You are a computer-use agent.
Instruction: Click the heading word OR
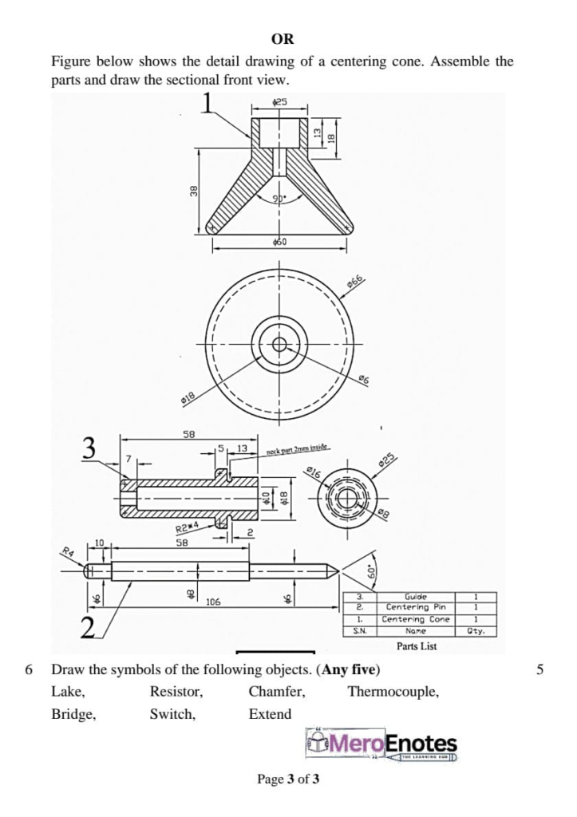[283, 38]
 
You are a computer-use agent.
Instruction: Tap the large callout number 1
[208, 103]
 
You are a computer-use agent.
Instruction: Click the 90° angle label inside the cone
[279, 199]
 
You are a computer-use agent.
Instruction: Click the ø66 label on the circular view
[356, 280]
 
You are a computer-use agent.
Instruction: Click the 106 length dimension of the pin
[214, 602]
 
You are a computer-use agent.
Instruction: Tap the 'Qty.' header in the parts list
[476, 630]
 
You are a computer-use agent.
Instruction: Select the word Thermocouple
[393, 692]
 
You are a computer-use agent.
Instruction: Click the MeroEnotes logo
[382, 745]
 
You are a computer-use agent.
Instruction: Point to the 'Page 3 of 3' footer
[288, 779]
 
